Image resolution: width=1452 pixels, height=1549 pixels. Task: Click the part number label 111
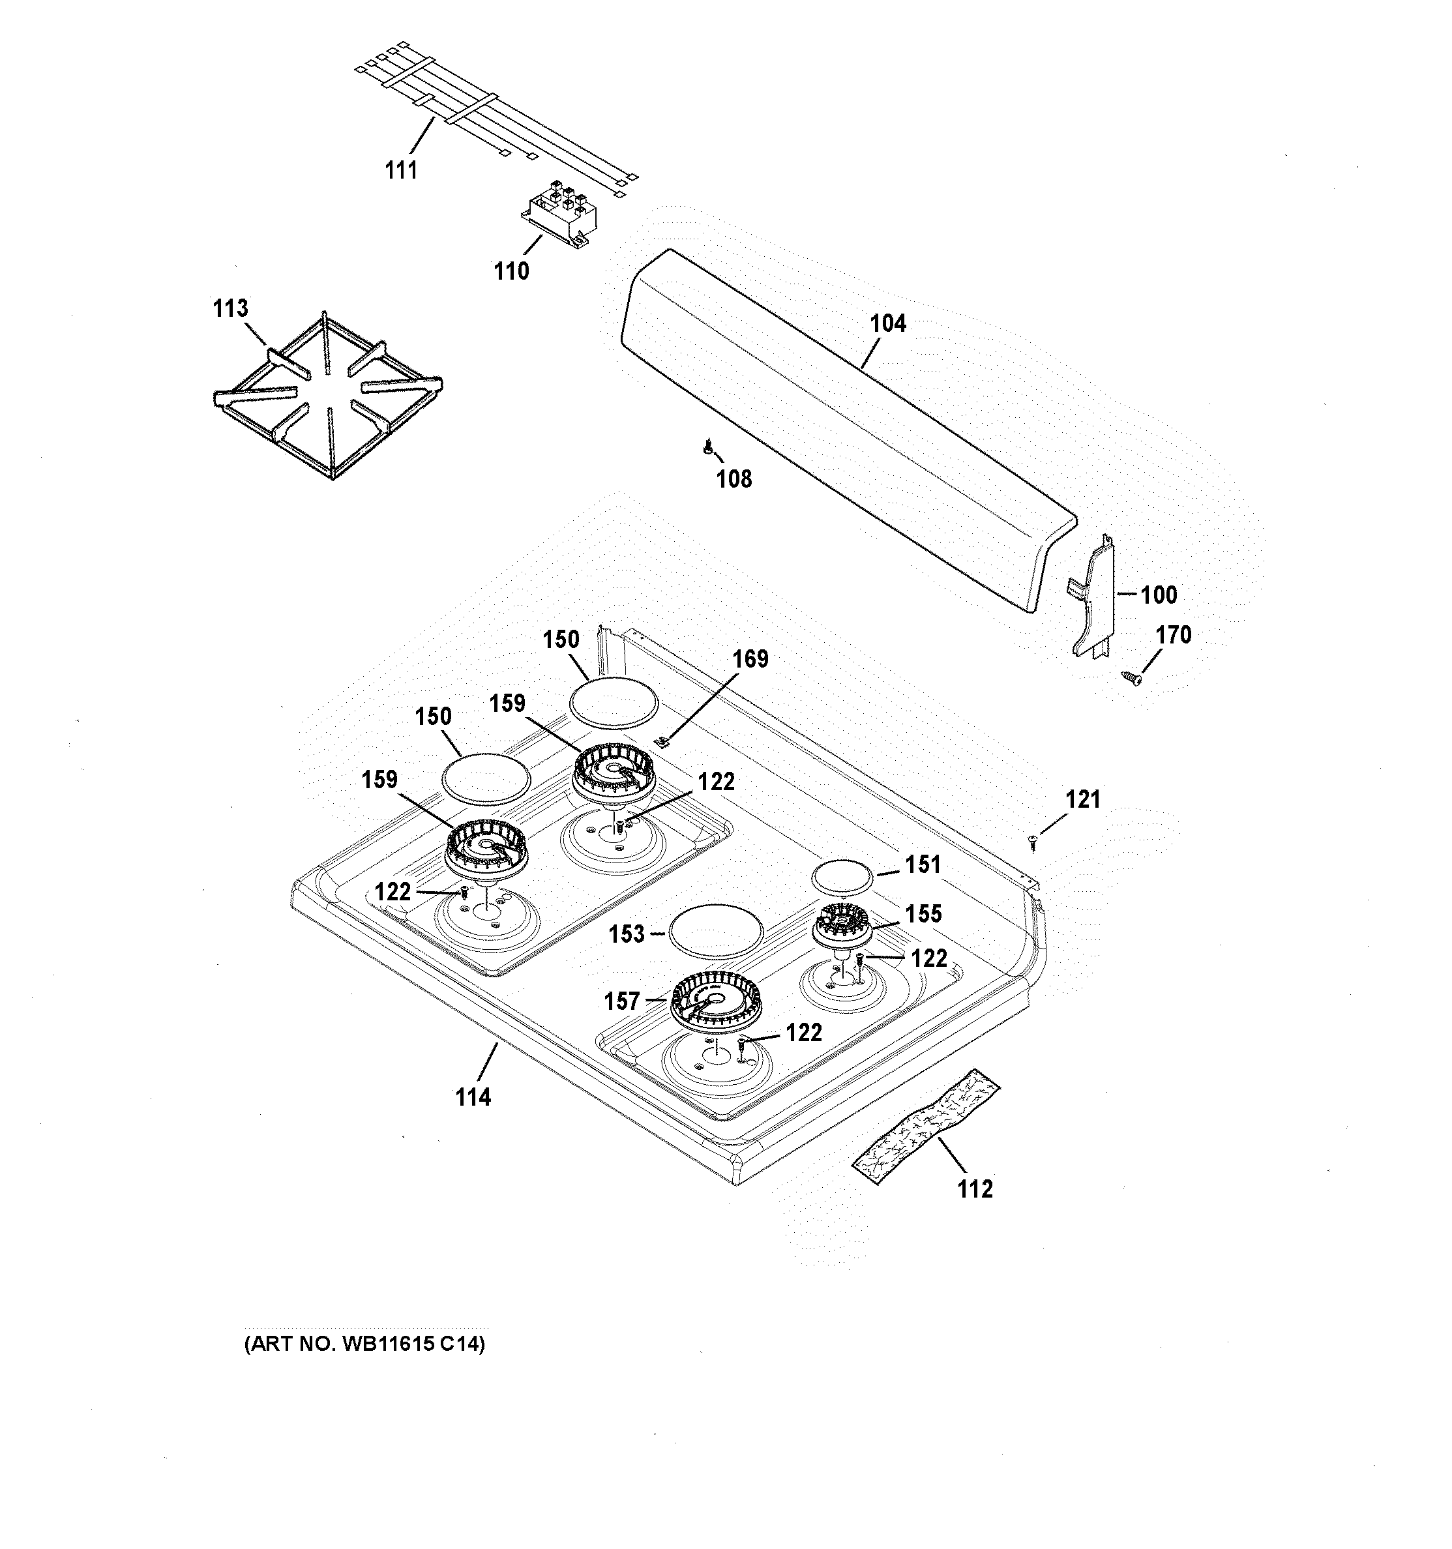402,170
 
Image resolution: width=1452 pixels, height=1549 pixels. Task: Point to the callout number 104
888,323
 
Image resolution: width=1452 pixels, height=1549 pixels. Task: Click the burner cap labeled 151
841,876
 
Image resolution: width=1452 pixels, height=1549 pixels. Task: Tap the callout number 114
473,1097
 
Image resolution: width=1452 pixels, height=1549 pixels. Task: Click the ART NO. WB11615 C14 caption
364,1344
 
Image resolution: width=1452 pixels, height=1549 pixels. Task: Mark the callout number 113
231,308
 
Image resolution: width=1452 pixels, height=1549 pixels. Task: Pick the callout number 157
622,1001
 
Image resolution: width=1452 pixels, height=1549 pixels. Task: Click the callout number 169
750,659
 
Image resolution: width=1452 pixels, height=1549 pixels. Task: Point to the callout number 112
975,1189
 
